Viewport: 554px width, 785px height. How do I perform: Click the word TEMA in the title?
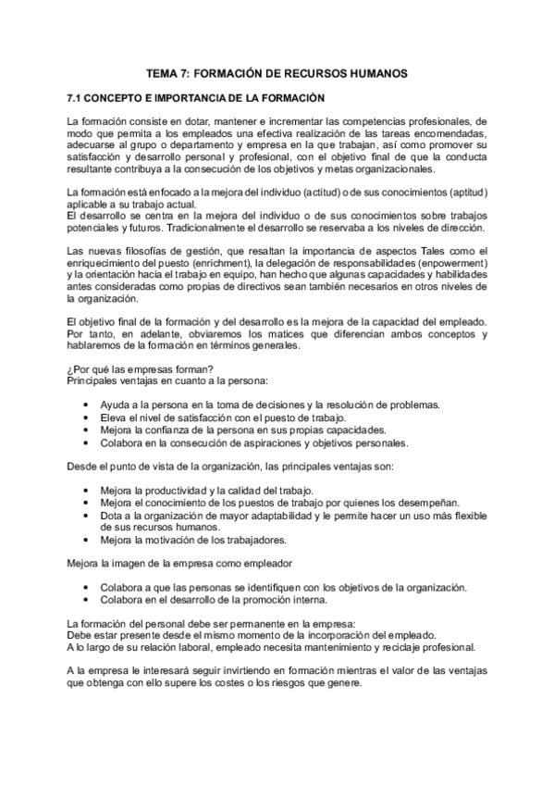click(x=164, y=72)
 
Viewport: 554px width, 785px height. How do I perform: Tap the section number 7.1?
click(x=77, y=97)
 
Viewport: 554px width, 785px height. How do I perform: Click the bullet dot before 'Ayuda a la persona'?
click(x=86, y=405)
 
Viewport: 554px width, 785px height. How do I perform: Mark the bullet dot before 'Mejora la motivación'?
click(x=86, y=539)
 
